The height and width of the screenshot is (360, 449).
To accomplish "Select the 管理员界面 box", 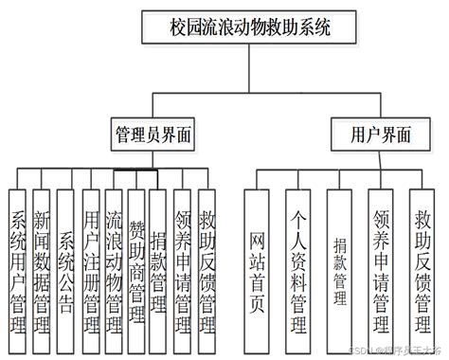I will tap(153, 135).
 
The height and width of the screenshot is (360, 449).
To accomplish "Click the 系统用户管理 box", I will tap(16, 255).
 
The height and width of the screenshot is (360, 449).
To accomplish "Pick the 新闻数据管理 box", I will tap(41, 255).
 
